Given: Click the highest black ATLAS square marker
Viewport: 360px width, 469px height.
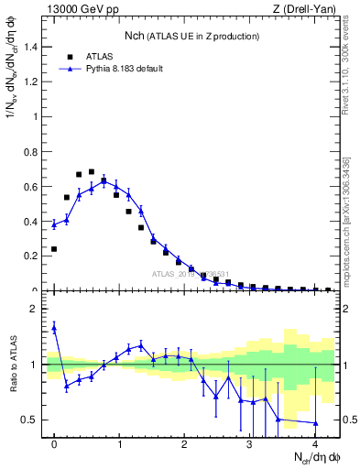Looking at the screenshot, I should [92, 171].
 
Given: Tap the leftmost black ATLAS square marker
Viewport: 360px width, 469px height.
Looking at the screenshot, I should [54, 249].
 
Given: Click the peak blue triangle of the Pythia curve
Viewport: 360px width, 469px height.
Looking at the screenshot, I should [104, 180].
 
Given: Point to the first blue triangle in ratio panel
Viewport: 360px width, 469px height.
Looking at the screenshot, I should [54, 327].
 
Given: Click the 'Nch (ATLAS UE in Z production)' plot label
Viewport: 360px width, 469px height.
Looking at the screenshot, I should [192, 36].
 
